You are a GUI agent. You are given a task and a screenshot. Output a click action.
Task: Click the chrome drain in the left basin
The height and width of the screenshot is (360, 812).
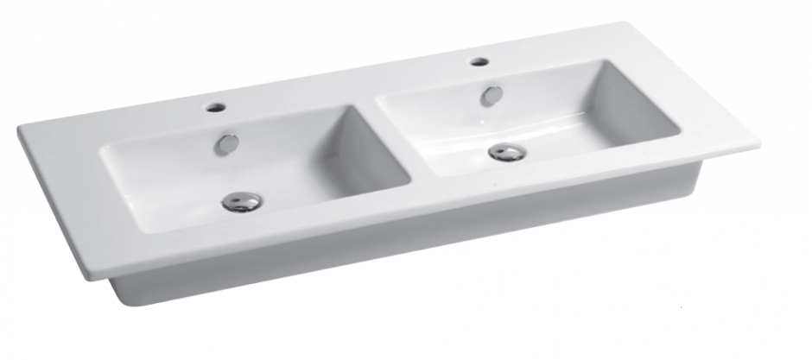click(x=241, y=202)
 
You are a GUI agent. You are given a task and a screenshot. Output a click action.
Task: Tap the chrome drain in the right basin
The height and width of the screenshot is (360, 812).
click(x=506, y=153)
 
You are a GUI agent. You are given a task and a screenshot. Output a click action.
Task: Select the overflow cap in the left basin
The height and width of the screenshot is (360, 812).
click(x=228, y=143)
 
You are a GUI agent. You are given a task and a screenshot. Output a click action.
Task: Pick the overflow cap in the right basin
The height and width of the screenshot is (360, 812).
click(x=492, y=95)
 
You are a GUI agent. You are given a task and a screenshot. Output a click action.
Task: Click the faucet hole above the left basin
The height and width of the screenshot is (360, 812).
click(x=215, y=109)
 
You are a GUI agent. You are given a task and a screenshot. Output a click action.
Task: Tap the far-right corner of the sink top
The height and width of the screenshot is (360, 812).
click(x=758, y=142)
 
